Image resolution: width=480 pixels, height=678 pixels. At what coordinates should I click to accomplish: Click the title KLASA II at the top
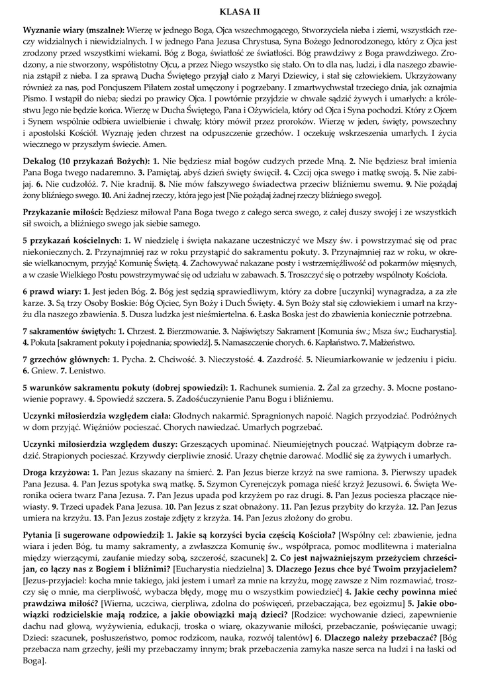click(240, 11)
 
